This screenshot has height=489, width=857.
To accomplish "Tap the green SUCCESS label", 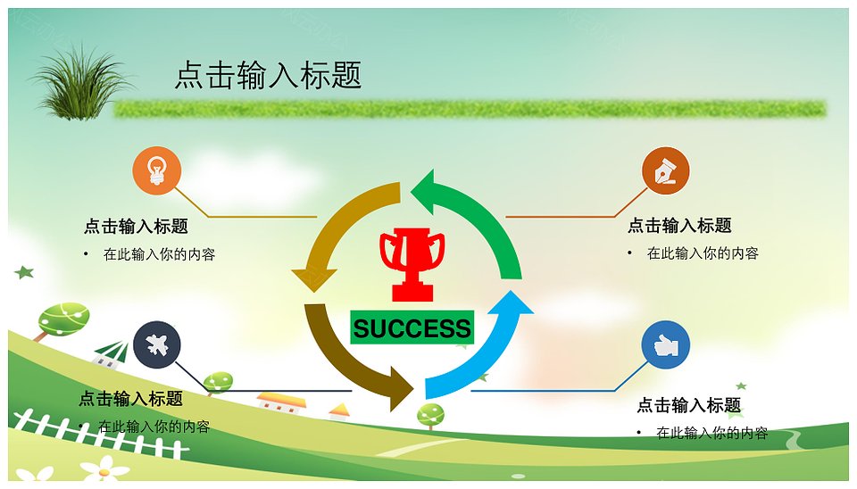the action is click(x=412, y=327).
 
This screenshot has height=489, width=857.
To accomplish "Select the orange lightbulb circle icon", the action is click(x=157, y=170).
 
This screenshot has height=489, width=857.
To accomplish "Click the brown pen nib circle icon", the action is click(x=666, y=170).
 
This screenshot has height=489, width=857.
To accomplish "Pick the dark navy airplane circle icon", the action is click(x=157, y=344).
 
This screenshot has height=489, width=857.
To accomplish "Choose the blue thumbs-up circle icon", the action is click(x=666, y=344).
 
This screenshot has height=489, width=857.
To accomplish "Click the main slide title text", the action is click(x=268, y=75).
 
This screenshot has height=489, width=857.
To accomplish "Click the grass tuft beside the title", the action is click(x=81, y=83).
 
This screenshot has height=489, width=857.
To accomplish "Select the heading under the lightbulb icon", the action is click(x=136, y=226).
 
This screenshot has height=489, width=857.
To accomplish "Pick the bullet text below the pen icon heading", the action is click(x=703, y=253).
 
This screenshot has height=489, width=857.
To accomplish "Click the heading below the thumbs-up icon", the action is click(x=689, y=405).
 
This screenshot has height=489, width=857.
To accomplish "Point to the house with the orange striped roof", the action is click(x=281, y=403).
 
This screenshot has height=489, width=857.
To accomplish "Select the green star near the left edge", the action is click(x=24, y=271).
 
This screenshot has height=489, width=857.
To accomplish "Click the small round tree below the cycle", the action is click(x=430, y=416).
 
